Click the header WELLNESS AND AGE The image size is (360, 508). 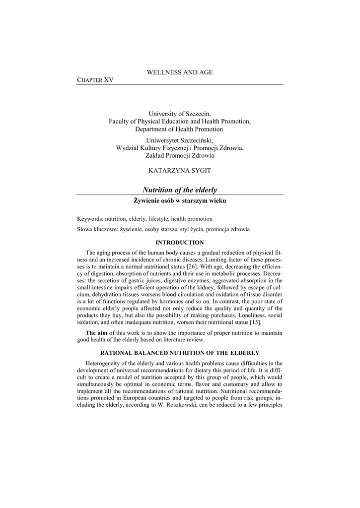click(180, 72)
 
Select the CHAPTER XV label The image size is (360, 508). click(95, 80)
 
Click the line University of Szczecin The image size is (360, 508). click(180, 114)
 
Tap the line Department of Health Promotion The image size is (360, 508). click(180, 129)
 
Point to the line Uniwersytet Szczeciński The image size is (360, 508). click(180, 140)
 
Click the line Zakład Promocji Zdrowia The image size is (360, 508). click(180, 155)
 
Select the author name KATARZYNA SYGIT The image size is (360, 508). click(180, 170)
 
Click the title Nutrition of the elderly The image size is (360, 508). click(180, 190)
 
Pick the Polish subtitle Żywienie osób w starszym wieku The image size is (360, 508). click(180, 200)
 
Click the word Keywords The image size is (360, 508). click(90, 219)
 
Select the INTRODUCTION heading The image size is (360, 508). click(180, 243)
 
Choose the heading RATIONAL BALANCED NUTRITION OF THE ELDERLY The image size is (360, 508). click(180, 353)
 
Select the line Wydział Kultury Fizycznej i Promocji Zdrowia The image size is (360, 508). click(180, 148)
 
